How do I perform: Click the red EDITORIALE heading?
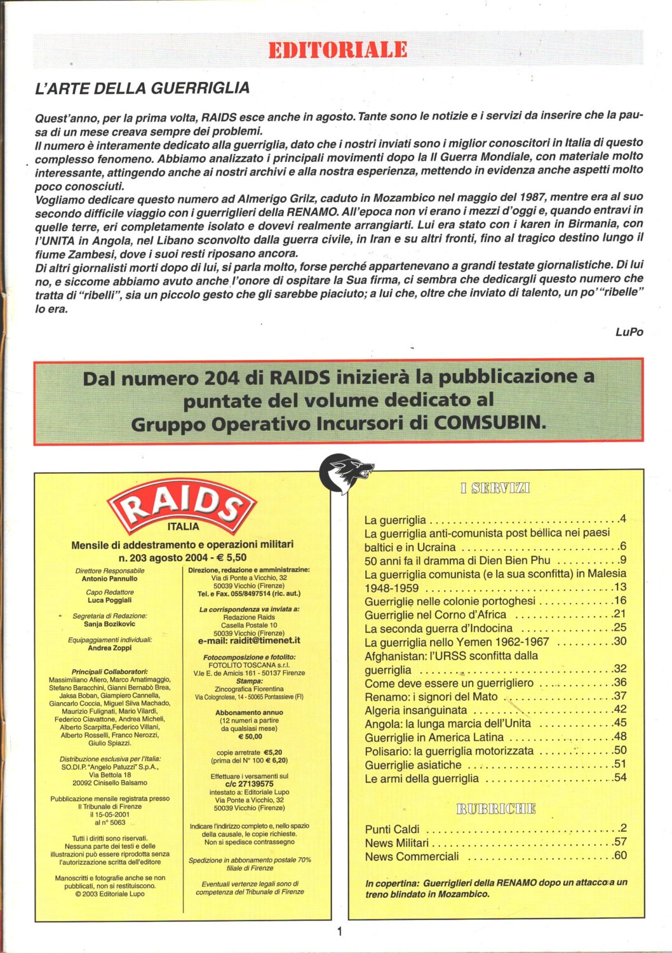(x=337, y=50)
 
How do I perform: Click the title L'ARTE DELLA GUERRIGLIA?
(x=142, y=88)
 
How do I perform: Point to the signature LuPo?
(x=629, y=332)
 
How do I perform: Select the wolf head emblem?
(x=346, y=473)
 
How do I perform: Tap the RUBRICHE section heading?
(x=495, y=809)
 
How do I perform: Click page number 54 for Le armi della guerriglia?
(x=620, y=778)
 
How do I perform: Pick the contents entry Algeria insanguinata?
(x=415, y=710)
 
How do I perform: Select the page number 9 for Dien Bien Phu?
(x=623, y=560)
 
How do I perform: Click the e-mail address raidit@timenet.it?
(x=249, y=641)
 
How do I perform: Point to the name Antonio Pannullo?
(x=109, y=579)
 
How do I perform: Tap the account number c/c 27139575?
(x=249, y=784)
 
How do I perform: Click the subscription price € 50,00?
(x=250, y=736)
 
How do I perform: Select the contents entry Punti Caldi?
(x=392, y=829)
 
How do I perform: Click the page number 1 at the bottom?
(x=339, y=931)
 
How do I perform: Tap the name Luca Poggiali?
(x=109, y=600)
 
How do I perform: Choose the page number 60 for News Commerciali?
(x=620, y=855)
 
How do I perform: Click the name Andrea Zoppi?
(x=109, y=648)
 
